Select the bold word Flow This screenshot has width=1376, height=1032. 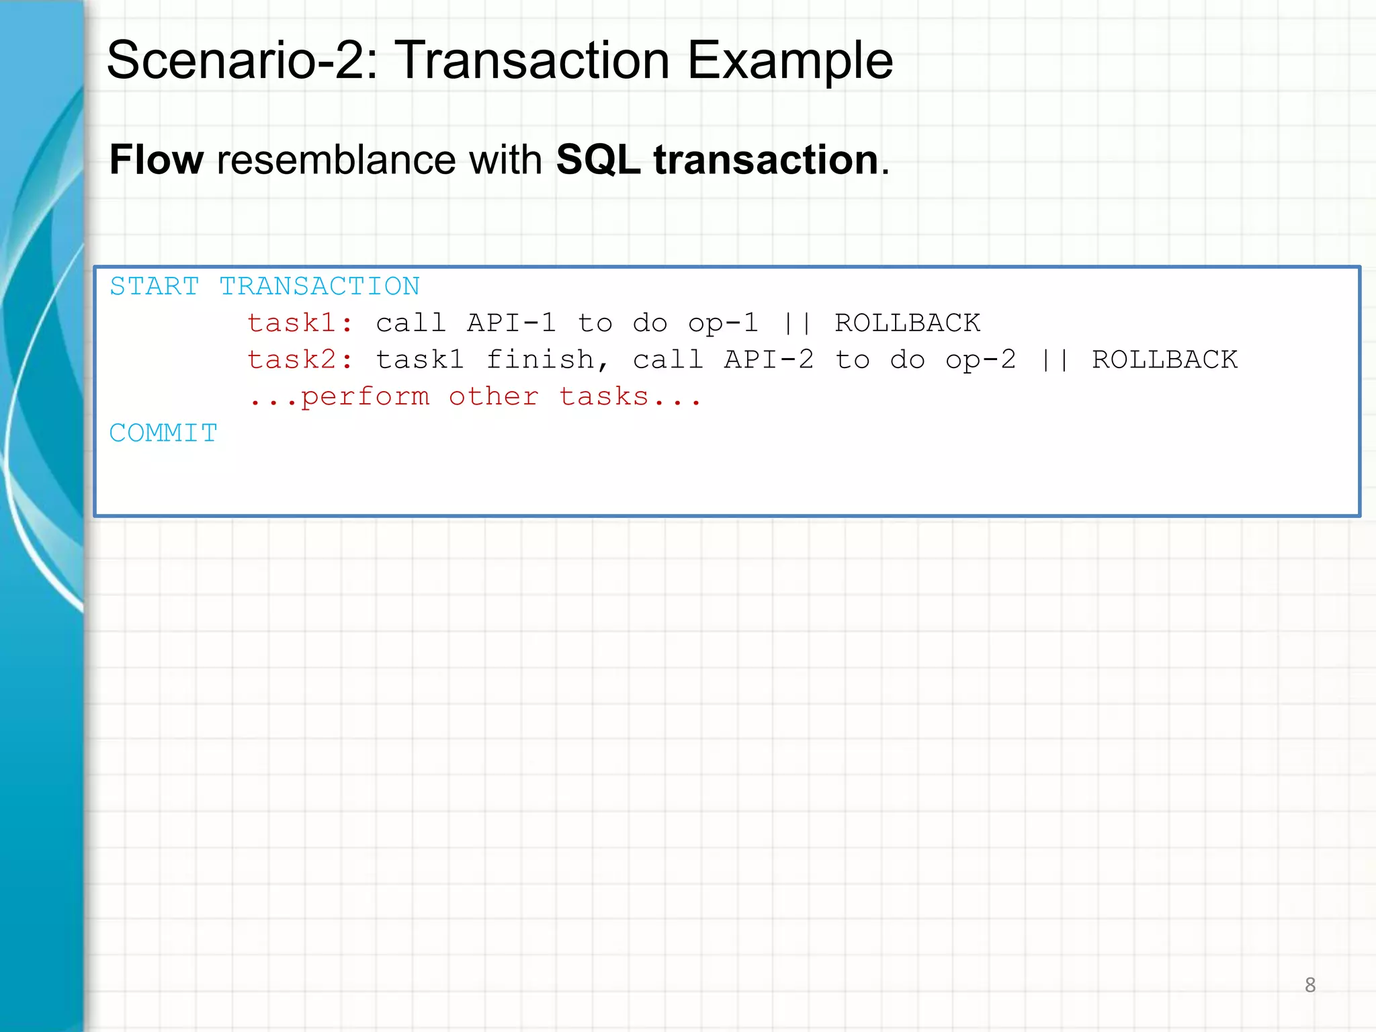tap(157, 160)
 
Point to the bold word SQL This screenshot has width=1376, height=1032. tap(598, 160)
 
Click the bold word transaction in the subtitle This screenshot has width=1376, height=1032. tap(766, 160)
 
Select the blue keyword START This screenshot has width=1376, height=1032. tap(155, 287)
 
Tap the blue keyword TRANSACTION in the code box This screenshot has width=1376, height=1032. tap(320, 287)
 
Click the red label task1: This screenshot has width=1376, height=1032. tap(300, 323)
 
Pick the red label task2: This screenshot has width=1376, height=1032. tap(300, 360)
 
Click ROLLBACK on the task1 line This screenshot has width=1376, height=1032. tap(908, 323)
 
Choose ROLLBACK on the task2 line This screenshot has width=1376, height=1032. tap(1165, 360)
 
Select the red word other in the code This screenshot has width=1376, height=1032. tap(494, 397)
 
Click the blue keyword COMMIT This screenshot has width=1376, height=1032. tap(163, 433)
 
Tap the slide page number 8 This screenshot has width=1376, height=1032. tap(1309, 985)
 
